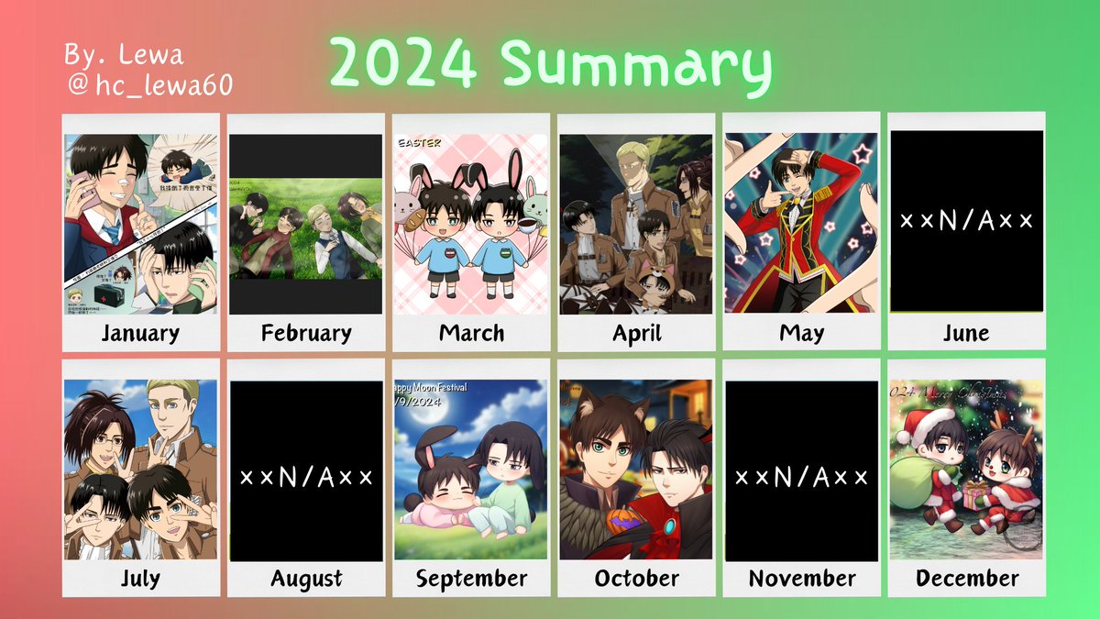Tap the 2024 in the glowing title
(402, 65)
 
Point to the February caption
(305, 332)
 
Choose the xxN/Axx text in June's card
(966, 221)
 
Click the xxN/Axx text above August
(306, 478)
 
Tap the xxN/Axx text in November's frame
(801, 478)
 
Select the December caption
(966, 579)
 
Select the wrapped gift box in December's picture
(977, 496)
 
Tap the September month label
(471, 579)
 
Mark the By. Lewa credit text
(124, 55)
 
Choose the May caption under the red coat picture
(801, 332)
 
